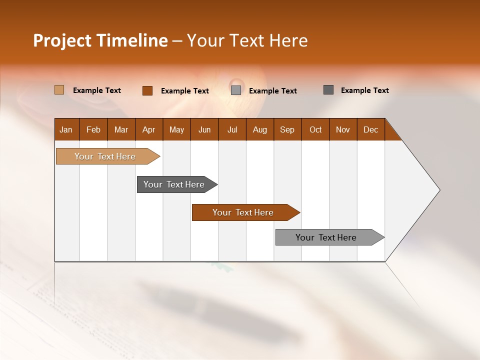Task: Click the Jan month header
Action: tap(66, 129)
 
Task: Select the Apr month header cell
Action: tap(149, 129)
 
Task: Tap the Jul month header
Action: tap(232, 129)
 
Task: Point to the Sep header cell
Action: tap(287, 129)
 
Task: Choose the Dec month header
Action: tap(370, 129)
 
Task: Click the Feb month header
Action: tap(93, 129)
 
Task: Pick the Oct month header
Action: tap(315, 129)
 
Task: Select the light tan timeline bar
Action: tap(105, 156)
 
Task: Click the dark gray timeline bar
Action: tap(174, 184)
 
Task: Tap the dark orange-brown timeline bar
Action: tap(243, 212)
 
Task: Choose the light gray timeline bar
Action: tap(326, 237)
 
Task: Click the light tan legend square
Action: tap(59, 90)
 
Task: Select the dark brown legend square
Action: tap(147, 90)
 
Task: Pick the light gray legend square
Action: tap(236, 90)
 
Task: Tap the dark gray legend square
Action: tap(328, 90)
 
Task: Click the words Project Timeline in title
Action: tap(100, 40)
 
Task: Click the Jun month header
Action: tap(204, 129)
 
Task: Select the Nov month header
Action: tap(343, 129)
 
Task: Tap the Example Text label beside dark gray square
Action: tap(364, 90)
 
